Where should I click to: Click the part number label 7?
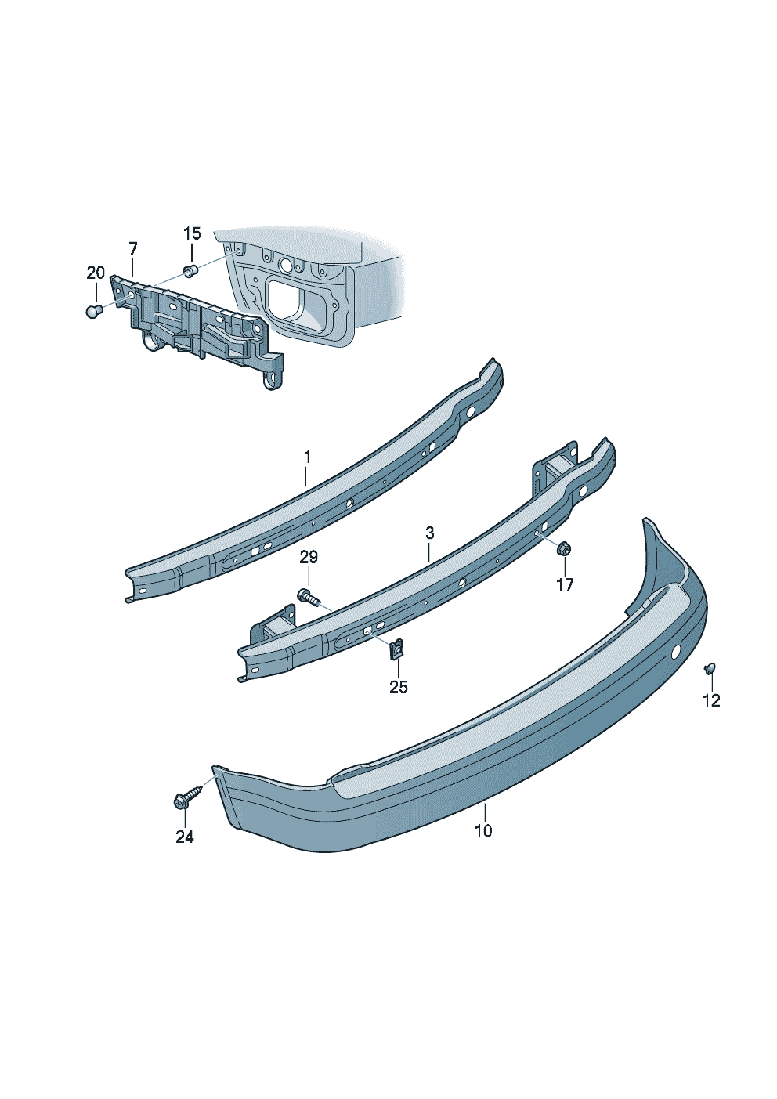[133, 248]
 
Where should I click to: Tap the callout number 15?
[192, 233]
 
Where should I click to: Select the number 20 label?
[95, 273]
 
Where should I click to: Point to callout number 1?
[308, 456]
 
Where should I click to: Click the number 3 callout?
[429, 533]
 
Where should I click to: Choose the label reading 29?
[309, 557]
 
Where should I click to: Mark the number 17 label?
[565, 584]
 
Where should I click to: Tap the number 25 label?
[399, 687]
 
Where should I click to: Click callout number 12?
[711, 700]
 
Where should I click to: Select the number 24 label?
[184, 837]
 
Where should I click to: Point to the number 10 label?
[483, 831]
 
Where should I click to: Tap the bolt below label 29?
[309, 598]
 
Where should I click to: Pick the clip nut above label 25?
[398, 648]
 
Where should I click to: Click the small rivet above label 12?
[710, 667]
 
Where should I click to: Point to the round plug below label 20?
[94, 312]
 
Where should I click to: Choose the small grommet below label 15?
[190, 270]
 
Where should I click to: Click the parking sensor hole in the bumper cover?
[677, 651]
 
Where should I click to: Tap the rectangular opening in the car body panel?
[288, 302]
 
